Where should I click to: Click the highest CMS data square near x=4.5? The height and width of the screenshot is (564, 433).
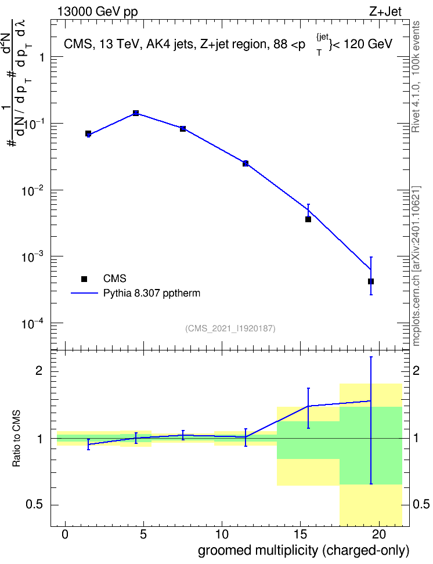(136, 113)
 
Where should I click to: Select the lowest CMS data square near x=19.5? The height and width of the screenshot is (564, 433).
(371, 281)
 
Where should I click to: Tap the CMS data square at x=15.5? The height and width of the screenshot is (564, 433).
(308, 219)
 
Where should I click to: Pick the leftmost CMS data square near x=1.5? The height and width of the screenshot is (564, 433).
(88, 133)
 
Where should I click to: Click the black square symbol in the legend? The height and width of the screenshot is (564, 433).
(84, 279)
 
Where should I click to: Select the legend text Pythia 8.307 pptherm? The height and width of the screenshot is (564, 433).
(151, 293)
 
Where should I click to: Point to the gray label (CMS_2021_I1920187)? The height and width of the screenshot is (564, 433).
(230, 328)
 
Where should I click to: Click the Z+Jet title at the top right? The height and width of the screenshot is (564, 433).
(385, 12)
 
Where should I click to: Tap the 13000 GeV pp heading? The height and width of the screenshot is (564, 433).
(98, 12)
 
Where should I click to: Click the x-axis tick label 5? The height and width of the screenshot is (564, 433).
(143, 534)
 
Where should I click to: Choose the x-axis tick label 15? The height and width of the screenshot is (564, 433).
(300, 534)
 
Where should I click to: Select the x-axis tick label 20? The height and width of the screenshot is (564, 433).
(378, 534)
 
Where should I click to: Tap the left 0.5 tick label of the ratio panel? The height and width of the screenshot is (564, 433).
(34, 505)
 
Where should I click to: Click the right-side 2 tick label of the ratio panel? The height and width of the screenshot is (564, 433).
(416, 371)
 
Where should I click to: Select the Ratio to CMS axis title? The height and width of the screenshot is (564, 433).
(16, 439)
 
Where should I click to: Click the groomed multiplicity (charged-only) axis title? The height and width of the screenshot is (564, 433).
(304, 551)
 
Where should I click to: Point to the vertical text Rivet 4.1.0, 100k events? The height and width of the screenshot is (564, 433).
(416, 77)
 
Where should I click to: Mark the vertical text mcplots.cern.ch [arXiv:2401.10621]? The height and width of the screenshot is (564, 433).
(416, 266)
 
